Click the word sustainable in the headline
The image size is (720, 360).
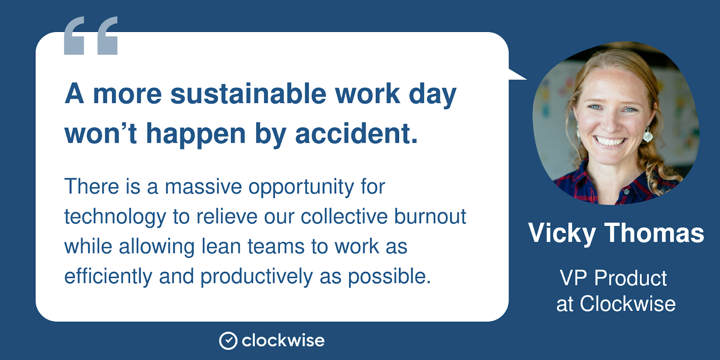(248, 94)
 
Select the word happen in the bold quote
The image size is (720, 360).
(196, 135)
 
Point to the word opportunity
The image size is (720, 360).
(301, 188)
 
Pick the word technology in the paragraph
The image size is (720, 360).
(115, 218)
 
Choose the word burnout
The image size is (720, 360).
(430, 216)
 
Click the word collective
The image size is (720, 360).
(344, 216)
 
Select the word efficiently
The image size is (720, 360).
(108, 278)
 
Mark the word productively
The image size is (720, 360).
(256, 278)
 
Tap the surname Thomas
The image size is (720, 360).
(654, 233)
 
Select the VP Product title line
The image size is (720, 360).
(613, 278)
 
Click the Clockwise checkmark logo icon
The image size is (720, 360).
(228, 341)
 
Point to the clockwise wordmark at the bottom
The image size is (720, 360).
(283, 341)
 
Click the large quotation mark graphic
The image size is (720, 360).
(90, 36)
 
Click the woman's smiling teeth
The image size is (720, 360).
(610, 141)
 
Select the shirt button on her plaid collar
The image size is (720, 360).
(626, 192)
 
